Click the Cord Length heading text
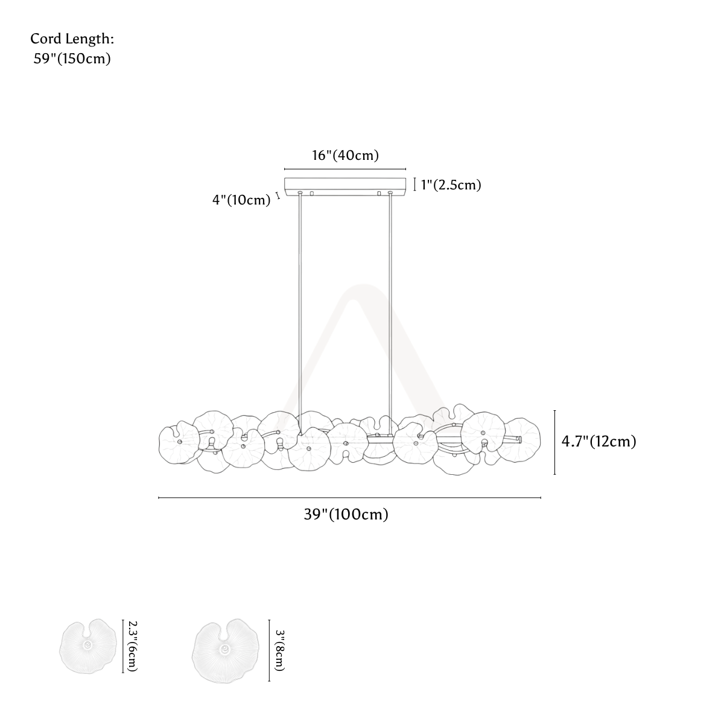point(72,39)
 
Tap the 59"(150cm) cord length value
point(72,59)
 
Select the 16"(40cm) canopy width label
point(345,155)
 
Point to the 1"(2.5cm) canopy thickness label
point(451,185)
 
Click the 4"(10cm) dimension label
point(241,200)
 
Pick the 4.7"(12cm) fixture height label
point(599,442)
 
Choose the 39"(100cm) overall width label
point(346,514)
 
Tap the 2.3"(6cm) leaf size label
point(133,646)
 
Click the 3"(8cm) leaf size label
point(280,650)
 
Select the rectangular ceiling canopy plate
point(345,186)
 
